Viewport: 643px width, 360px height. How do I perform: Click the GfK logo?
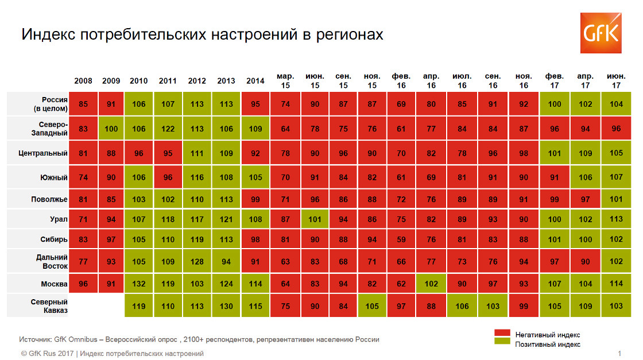601,33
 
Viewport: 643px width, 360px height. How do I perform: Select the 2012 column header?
197,81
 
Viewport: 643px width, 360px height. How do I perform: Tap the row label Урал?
59,219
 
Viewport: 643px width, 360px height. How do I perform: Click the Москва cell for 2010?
138,284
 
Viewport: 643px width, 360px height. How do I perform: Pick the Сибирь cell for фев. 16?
401,239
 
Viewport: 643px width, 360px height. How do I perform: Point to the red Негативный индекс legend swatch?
502,332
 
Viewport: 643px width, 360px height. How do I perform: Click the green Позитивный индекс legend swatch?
502,340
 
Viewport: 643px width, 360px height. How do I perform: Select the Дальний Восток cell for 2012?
197,261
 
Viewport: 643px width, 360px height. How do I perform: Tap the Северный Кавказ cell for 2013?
226,306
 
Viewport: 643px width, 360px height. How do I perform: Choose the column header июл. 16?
462,81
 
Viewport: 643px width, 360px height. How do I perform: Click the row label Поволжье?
49,199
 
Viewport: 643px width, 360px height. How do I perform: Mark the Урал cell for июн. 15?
315,219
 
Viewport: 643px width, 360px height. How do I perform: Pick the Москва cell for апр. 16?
431,284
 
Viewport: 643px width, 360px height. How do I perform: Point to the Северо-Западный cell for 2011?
168,129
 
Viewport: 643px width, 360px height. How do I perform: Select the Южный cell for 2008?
83,177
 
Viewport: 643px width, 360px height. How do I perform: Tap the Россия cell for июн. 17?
616,104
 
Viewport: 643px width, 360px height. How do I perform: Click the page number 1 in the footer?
619,354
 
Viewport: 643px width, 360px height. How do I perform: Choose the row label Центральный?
43,153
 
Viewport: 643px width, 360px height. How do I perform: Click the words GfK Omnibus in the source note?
75,339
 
